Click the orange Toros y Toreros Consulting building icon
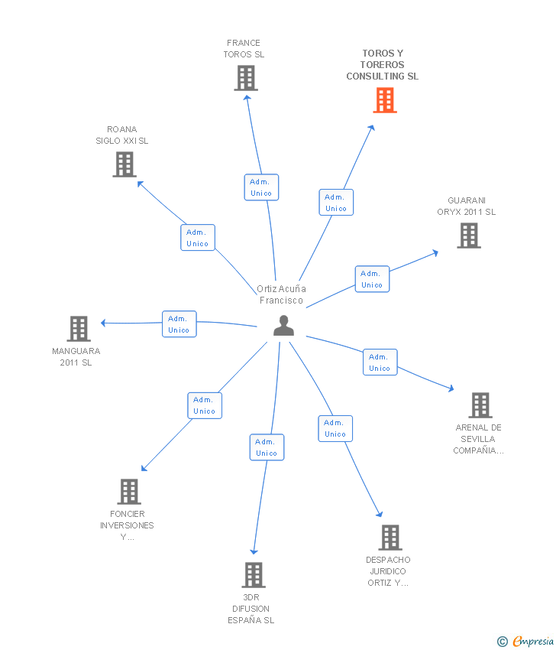coord(385,100)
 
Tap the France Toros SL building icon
coord(245,78)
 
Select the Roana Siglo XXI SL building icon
coord(124,164)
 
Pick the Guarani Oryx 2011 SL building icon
coord(469,236)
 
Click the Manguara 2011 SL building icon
coord(79,329)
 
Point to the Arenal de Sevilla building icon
coord(480,405)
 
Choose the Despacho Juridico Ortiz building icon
coord(390,538)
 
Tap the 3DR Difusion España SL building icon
coord(253,575)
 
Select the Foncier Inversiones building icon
coord(129,492)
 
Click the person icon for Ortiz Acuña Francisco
coord(283,326)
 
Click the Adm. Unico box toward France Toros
coord(261,187)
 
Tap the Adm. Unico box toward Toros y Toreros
coord(336,203)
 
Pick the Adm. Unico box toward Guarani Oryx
coord(372,279)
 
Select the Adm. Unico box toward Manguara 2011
coord(179,324)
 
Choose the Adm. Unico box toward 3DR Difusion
coord(267,447)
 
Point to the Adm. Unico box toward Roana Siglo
coord(198,238)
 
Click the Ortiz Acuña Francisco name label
coord(281,294)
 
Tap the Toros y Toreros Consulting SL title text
coord(383,65)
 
